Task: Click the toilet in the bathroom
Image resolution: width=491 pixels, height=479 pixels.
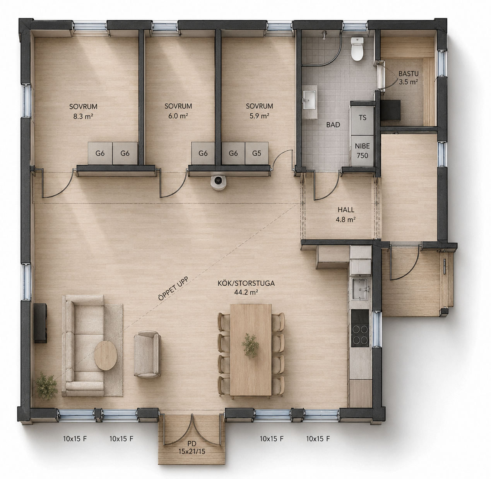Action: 357,49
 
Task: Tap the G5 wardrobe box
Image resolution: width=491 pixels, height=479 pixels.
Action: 257,153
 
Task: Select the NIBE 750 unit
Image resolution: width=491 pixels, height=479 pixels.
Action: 362,151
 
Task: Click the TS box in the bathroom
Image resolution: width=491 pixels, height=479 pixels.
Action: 363,118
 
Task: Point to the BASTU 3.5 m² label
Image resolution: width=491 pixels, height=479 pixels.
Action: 409,78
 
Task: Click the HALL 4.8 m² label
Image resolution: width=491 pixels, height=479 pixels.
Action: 346,214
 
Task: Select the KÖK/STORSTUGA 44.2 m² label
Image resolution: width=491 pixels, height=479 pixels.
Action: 246,287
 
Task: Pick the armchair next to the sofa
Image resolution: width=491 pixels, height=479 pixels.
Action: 147,354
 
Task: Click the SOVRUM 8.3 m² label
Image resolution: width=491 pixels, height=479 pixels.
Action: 83,111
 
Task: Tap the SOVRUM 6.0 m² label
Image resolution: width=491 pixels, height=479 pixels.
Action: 178,111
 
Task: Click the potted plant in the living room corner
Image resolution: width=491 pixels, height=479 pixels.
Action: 46,388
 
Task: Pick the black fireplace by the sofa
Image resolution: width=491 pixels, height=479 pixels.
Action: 40,323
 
